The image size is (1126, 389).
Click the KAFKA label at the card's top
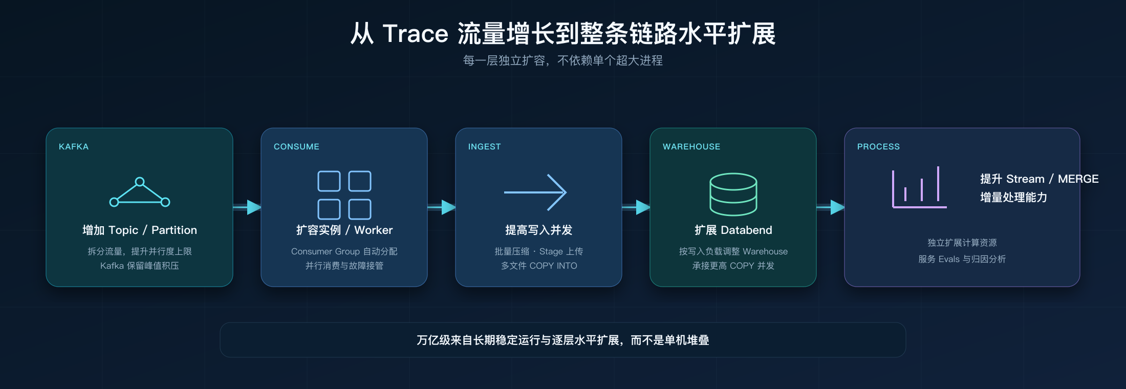click(x=74, y=147)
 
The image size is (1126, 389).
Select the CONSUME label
click(x=296, y=147)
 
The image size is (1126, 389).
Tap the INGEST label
click(x=484, y=147)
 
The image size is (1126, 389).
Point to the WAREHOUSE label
click(x=691, y=147)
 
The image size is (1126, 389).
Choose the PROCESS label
click(x=878, y=147)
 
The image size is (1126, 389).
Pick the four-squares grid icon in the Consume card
click(x=344, y=195)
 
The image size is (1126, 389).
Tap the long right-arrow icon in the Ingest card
click(x=535, y=192)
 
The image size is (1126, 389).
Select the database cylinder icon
click(x=733, y=194)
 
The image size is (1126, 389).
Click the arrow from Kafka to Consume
click(x=247, y=207)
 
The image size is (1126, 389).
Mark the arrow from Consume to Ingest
click(x=442, y=207)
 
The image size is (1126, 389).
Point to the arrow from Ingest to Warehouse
click(x=636, y=207)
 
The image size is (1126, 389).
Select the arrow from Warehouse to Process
click(x=831, y=207)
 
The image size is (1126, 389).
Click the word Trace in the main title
click(x=415, y=34)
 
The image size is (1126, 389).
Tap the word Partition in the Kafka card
click(x=174, y=230)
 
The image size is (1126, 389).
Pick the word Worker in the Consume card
click(x=374, y=230)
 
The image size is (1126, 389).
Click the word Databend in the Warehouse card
click(x=746, y=230)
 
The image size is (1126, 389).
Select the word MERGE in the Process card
click(x=1078, y=179)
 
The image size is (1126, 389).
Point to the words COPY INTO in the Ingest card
click(x=553, y=266)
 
